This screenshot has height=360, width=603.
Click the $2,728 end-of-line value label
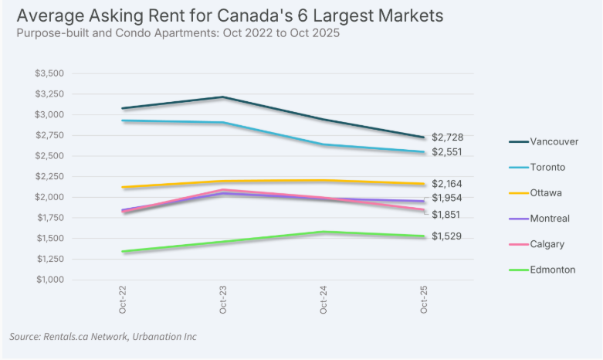pyautogui.click(x=447, y=137)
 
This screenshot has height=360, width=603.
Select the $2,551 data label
pyautogui.click(x=447, y=152)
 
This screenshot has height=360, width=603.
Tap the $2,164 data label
pyautogui.click(x=447, y=184)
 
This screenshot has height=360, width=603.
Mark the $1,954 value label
pyautogui.click(x=447, y=199)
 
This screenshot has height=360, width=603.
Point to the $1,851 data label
pyautogui.click(x=447, y=214)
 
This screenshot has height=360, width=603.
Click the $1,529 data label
pyautogui.click(x=447, y=236)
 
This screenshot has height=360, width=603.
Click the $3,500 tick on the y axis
pyautogui.click(x=49, y=73)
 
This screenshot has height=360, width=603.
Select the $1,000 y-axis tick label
pyautogui.click(x=49, y=279)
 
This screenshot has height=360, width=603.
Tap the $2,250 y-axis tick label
pyautogui.click(x=49, y=176)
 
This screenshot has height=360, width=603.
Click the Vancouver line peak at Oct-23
pyautogui.click(x=223, y=97)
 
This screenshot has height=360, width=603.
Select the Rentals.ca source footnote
pyautogui.click(x=103, y=336)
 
